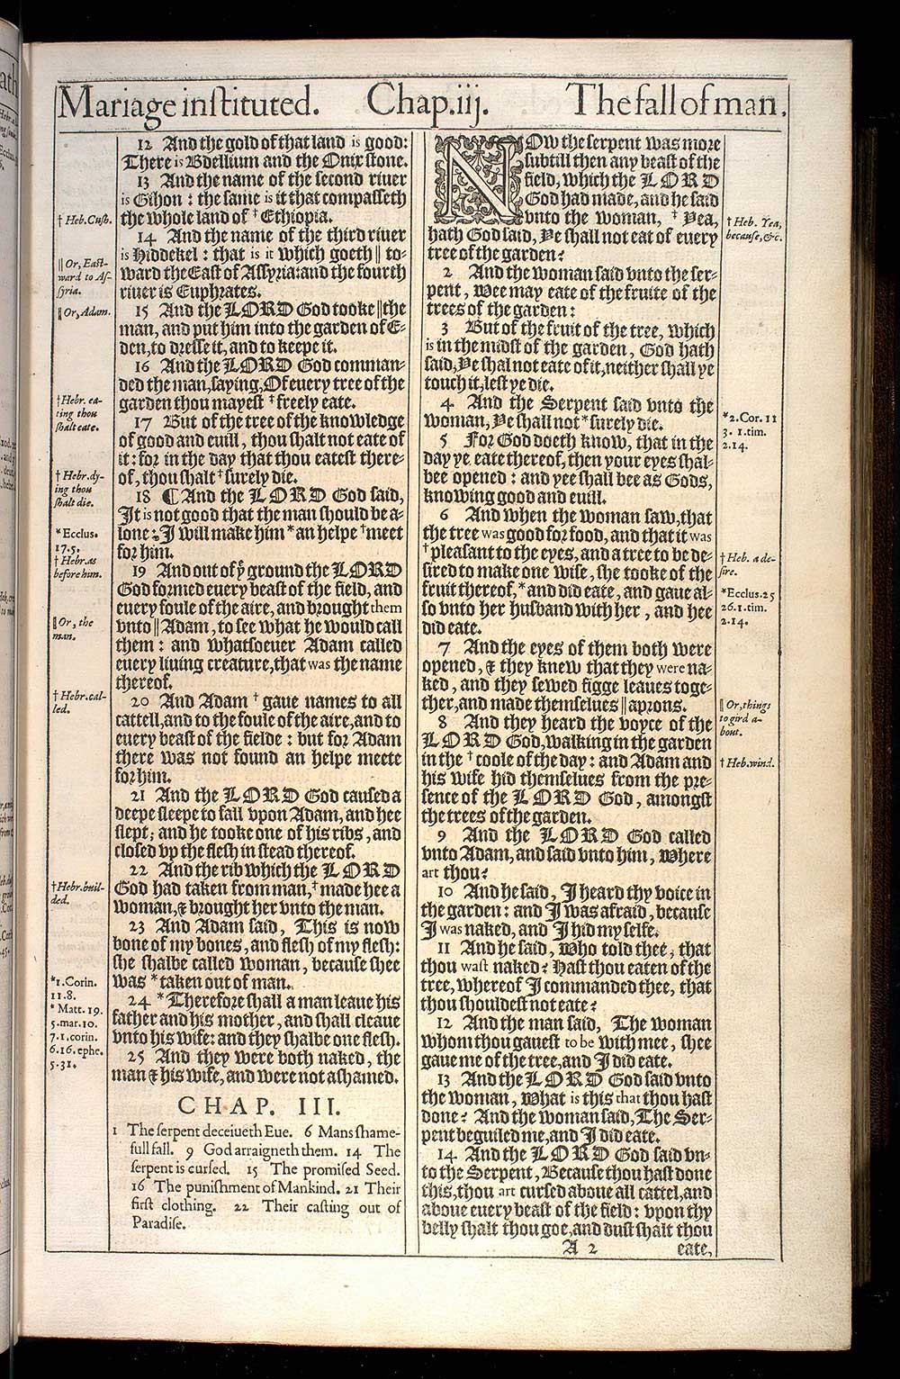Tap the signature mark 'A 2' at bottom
click(x=580, y=1248)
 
